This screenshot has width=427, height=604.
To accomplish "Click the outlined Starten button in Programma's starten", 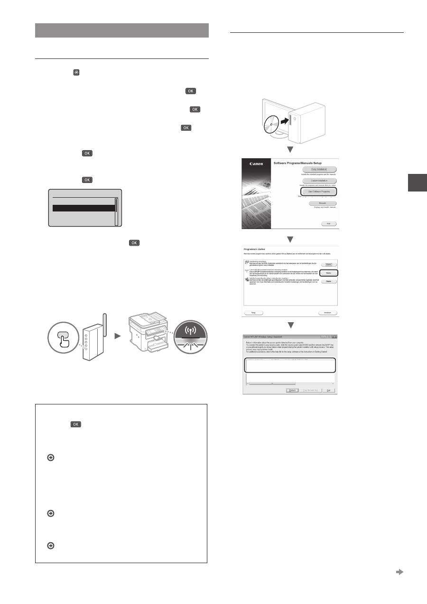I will (328, 273).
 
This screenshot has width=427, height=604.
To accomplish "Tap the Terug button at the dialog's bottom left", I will (254, 313).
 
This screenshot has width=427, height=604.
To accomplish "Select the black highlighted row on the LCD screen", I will (83, 208).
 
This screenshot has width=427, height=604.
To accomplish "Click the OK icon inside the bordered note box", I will (75, 424).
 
